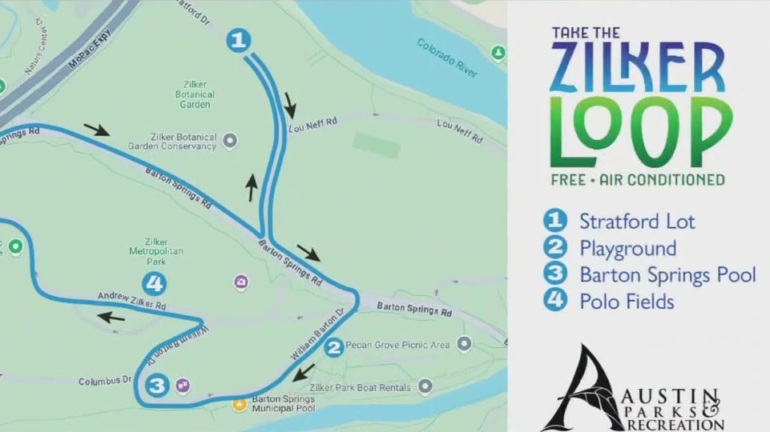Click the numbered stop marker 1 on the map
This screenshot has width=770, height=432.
tap(239, 40)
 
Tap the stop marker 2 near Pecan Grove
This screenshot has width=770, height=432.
tap(333, 347)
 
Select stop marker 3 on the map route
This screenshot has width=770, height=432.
tap(157, 386)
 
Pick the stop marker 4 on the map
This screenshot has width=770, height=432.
tap(154, 283)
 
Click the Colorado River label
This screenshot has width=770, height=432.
tap(447, 58)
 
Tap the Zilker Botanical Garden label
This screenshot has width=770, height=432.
tap(194, 94)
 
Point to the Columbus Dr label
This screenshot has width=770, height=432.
tap(104, 381)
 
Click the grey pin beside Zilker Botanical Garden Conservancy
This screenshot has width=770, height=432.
tap(230, 142)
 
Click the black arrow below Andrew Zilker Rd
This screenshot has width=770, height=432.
tap(112, 318)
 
